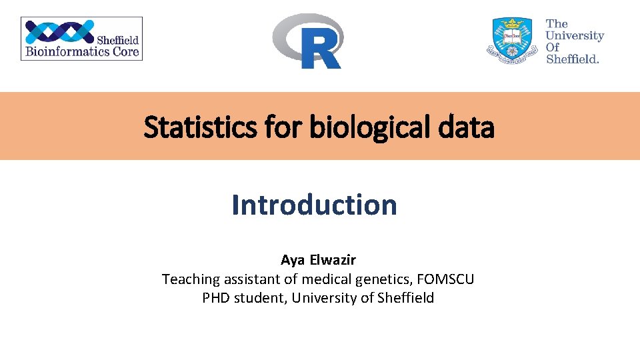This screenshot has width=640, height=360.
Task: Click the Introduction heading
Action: click(314, 205)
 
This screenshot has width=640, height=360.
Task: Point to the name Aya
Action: click(292, 260)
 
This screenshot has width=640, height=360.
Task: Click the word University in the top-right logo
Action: click(575, 35)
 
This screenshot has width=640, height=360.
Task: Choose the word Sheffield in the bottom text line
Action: click(405, 298)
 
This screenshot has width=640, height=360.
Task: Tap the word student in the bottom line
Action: click(261, 298)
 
